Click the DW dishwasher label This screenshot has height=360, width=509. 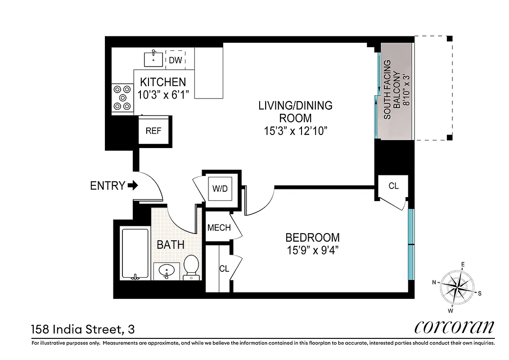(x=176, y=60)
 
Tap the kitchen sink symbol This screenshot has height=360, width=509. (x=154, y=59)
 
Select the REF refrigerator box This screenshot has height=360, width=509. (x=153, y=131)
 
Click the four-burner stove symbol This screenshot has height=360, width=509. (x=122, y=98)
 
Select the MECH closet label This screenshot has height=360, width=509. (x=219, y=228)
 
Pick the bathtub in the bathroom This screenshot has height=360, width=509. (x=135, y=254)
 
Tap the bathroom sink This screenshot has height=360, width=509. (x=167, y=271)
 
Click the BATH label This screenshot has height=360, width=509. (x=170, y=245)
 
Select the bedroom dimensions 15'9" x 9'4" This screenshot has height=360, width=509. (x=312, y=250)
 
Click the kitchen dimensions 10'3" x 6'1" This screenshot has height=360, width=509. (x=163, y=94)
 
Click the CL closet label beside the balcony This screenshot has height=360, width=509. (x=393, y=186)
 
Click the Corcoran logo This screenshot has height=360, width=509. (x=454, y=327)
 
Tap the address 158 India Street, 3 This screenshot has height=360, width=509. (x=83, y=329)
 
